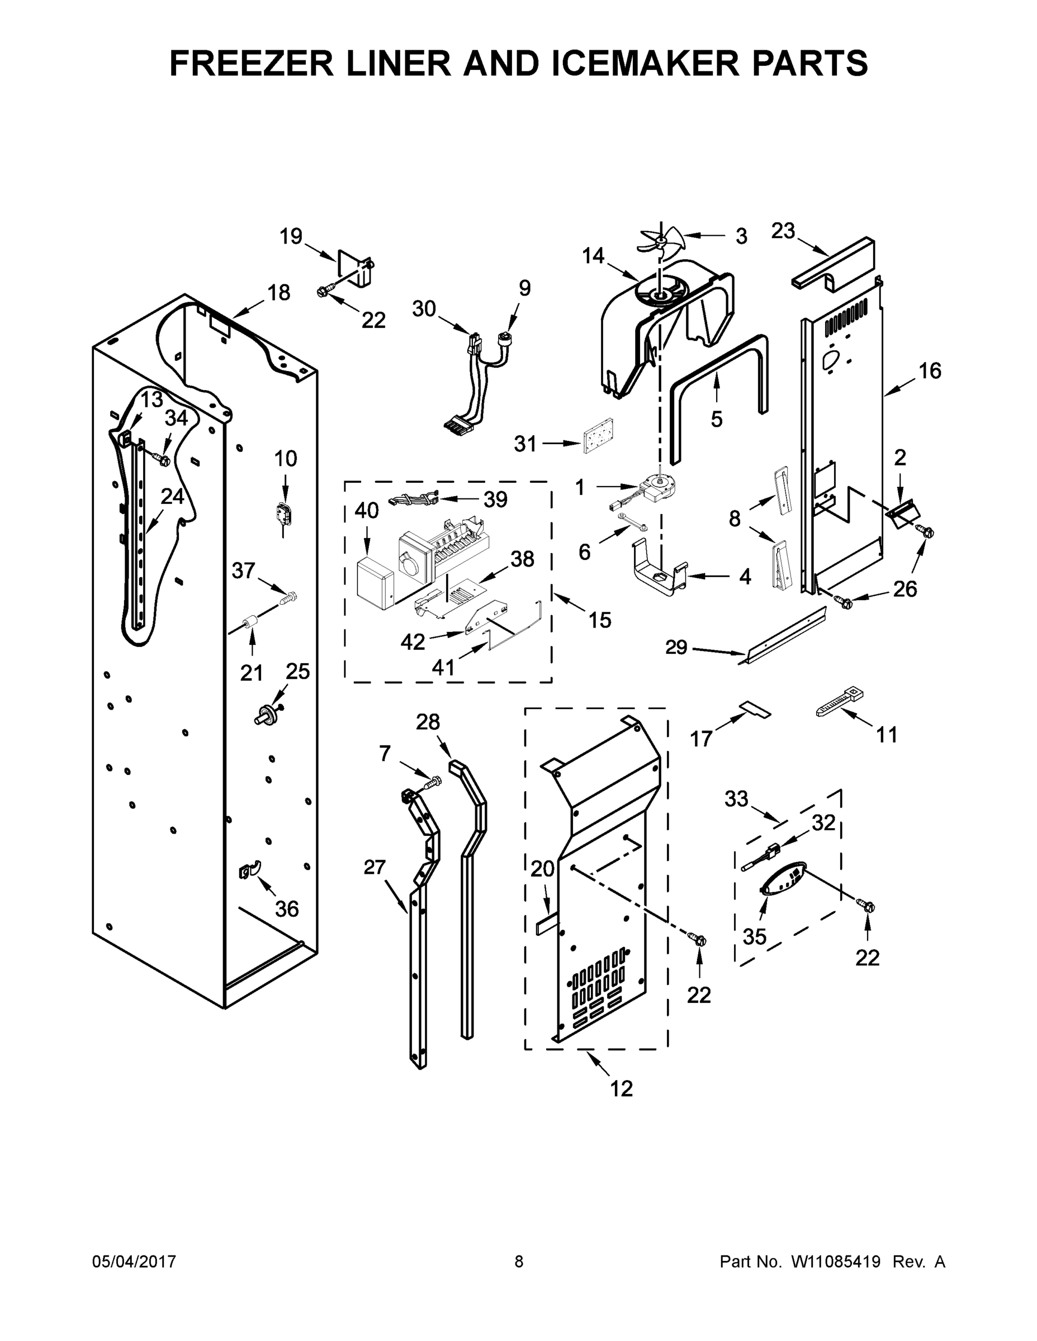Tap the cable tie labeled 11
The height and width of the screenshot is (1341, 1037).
click(x=839, y=702)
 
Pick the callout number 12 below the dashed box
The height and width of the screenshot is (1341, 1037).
click(x=621, y=1088)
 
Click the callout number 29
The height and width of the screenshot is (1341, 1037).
click(x=676, y=647)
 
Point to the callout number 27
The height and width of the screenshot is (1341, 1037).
click(x=374, y=867)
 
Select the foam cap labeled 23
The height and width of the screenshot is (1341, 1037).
click(x=834, y=265)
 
